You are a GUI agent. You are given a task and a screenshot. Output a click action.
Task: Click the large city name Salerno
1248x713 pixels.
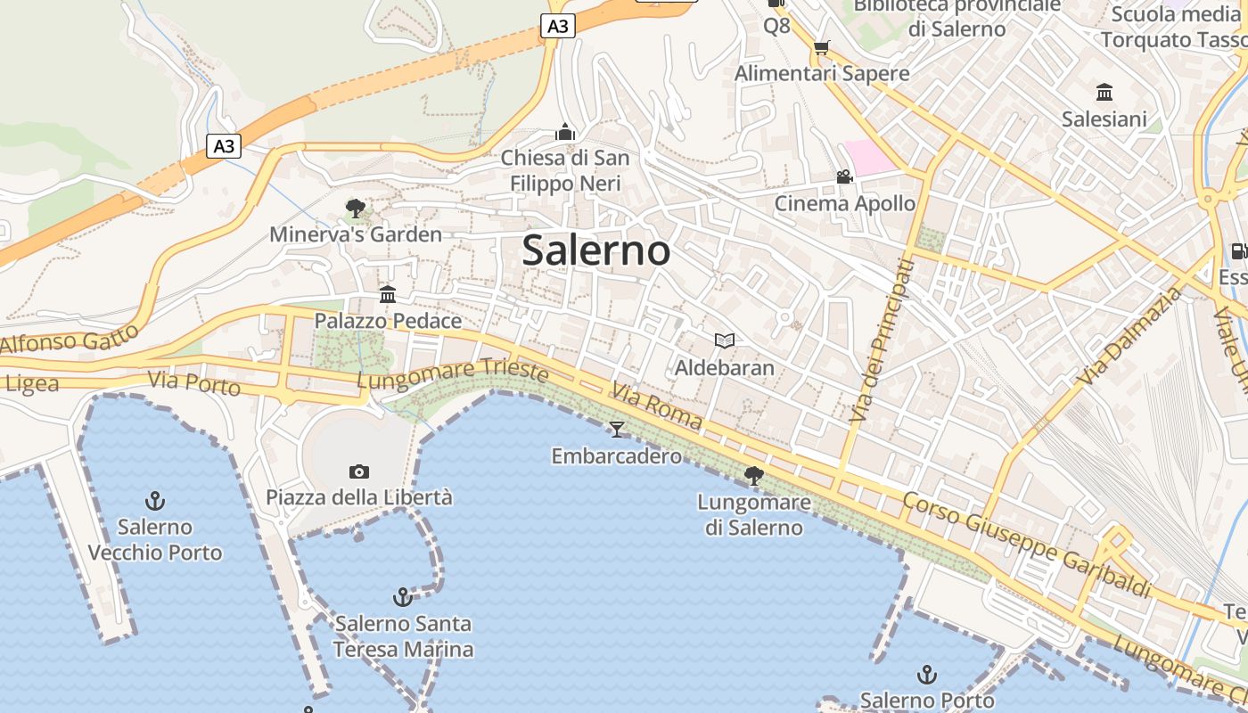coord(595,250)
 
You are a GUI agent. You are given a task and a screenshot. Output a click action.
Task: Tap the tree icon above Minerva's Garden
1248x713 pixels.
coord(356,209)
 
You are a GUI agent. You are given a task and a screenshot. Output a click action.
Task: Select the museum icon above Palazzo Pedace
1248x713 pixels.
coord(388,294)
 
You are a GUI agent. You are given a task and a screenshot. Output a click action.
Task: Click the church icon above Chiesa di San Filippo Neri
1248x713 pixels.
coord(565,133)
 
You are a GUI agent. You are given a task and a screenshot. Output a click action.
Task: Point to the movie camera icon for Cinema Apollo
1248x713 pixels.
coord(844,177)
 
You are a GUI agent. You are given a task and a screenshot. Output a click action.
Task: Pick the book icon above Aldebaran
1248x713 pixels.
coord(725,340)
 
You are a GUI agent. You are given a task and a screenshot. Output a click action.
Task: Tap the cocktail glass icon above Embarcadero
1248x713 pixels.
coord(616,430)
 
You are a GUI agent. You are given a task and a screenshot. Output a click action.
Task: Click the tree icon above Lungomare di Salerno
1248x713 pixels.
coord(754,476)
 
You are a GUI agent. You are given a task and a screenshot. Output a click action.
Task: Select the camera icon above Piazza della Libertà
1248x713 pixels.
coord(359,471)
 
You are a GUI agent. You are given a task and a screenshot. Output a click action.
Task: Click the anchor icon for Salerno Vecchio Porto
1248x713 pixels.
coord(155,500)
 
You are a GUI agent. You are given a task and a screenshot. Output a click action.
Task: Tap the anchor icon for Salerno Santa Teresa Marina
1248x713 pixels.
coord(403,596)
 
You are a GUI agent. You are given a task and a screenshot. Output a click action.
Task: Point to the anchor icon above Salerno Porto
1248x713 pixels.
coord(927,674)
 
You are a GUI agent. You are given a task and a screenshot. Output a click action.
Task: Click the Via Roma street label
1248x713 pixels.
coord(657,406)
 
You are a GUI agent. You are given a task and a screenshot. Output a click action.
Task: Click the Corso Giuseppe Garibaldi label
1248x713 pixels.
coord(1027,544)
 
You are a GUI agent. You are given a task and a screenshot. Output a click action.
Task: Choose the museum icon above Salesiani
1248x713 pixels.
coord(1104,92)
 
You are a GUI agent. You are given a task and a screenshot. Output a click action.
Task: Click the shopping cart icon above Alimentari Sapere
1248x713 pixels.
coord(821,47)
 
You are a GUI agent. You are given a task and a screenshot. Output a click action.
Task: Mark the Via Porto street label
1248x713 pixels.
coord(194,383)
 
